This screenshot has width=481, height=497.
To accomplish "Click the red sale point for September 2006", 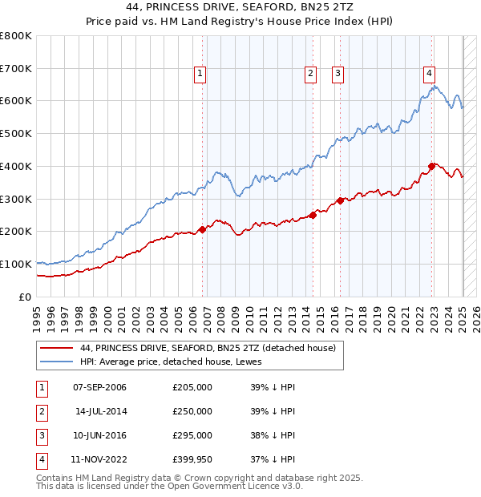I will (x=202, y=229).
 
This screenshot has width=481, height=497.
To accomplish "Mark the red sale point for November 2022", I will (x=431, y=166).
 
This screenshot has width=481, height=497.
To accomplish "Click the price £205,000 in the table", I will (x=192, y=387).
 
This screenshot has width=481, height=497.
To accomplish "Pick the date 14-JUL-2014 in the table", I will (x=99, y=411).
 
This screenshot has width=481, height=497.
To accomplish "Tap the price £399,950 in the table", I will (x=192, y=459).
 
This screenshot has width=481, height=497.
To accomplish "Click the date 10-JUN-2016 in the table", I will (x=99, y=435).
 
